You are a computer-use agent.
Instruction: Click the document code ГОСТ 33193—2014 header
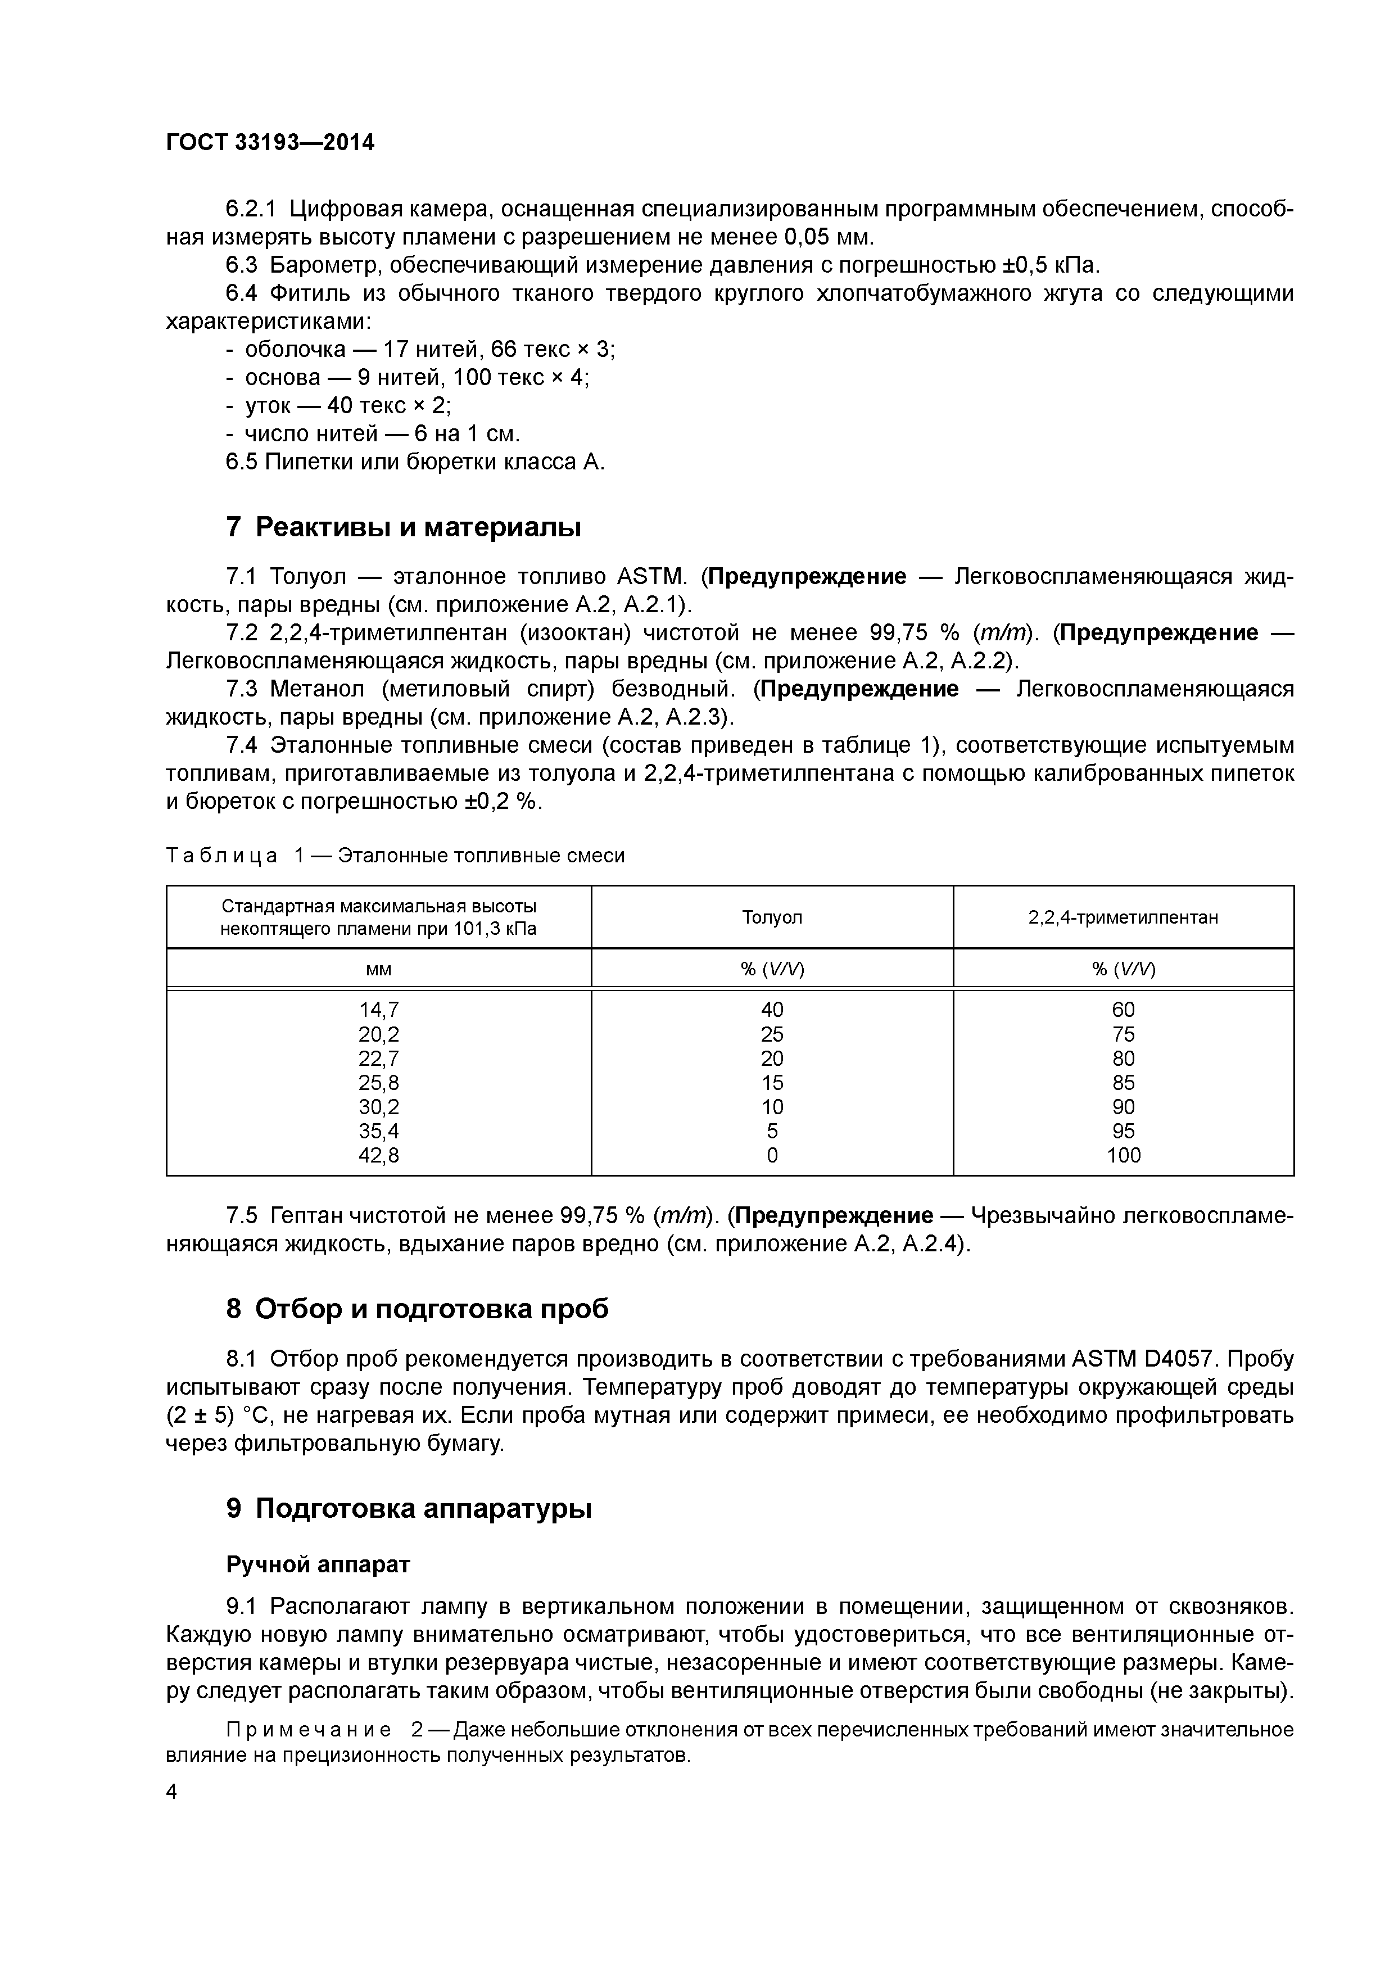click(x=270, y=143)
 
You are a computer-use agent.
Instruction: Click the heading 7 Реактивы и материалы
click(x=403, y=527)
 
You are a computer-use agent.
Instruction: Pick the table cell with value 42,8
click(x=379, y=1155)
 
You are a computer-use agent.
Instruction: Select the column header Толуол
click(x=771, y=917)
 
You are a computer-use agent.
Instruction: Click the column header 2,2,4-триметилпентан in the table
click(x=1123, y=917)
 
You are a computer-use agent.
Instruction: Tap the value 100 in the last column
click(x=1123, y=1155)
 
